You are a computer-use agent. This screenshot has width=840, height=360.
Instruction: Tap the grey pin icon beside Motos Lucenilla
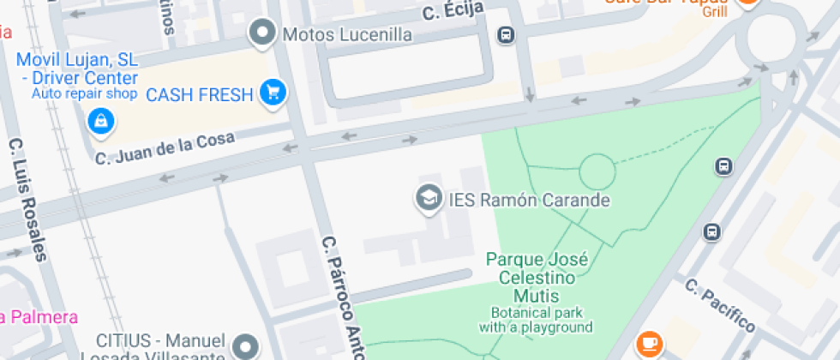pyautogui.click(x=261, y=34)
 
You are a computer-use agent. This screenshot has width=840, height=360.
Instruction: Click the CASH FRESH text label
pyautogui.click(x=200, y=94)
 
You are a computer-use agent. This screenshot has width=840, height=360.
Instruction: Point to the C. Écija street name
pyautogui.click(x=453, y=10)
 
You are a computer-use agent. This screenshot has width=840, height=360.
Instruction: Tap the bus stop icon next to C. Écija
pyautogui.click(x=506, y=35)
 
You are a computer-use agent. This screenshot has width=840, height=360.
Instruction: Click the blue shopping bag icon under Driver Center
pyautogui.click(x=101, y=122)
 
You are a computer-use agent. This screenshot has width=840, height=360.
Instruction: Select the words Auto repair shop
pyautogui.click(x=85, y=93)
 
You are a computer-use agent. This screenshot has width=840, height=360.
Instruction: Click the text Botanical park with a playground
pyautogui.click(x=536, y=320)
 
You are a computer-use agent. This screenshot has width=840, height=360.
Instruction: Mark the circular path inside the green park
pyautogui.click(x=597, y=171)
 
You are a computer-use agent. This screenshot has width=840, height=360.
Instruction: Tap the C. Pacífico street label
pyautogui.click(x=720, y=305)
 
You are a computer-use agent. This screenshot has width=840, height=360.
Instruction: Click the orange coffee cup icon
pyautogui.click(x=649, y=344)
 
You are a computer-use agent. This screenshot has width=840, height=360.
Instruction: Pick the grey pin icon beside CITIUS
pyautogui.click(x=248, y=345)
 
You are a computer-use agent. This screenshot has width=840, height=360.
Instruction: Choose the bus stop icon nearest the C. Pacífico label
pyautogui.click(x=711, y=231)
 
